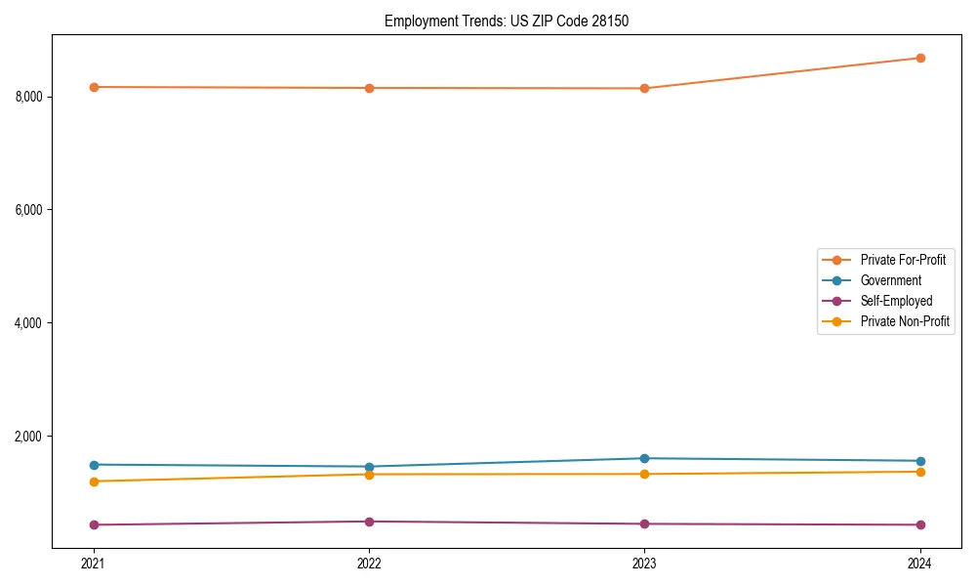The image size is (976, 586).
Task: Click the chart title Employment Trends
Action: pyautogui.click(x=507, y=21)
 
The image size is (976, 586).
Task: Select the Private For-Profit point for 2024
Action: pyautogui.click(x=919, y=58)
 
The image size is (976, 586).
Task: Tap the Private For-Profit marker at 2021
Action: pyautogui.click(x=94, y=87)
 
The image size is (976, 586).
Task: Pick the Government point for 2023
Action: pyautogui.click(x=644, y=458)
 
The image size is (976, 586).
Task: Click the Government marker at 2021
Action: pyautogui.click(x=94, y=465)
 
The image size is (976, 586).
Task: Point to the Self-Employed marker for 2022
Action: pyautogui.click(x=369, y=522)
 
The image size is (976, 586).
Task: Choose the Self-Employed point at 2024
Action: pyautogui.click(x=919, y=524)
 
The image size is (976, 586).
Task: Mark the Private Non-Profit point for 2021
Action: pyautogui.click(x=94, y=481)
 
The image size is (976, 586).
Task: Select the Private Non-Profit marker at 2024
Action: pyautogui.click(x=919, y=472)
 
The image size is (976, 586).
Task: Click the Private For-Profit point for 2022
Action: pyautogui.click(x=369, y=88)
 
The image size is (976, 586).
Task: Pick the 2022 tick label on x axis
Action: pyautogui.click(x=369, y=563)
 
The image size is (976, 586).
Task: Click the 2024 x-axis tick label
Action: pyautogui.click(x=919, y=563)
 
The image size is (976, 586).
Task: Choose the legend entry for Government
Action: pyautogui.click(x=890, y=280)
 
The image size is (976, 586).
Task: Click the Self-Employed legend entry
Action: pyautogui.click(x=896, y=301)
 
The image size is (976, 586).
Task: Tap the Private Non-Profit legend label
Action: pyautogui.click(x=905, y=321)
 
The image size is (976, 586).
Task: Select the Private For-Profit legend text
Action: pyautogui.click(x=903, y=260)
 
